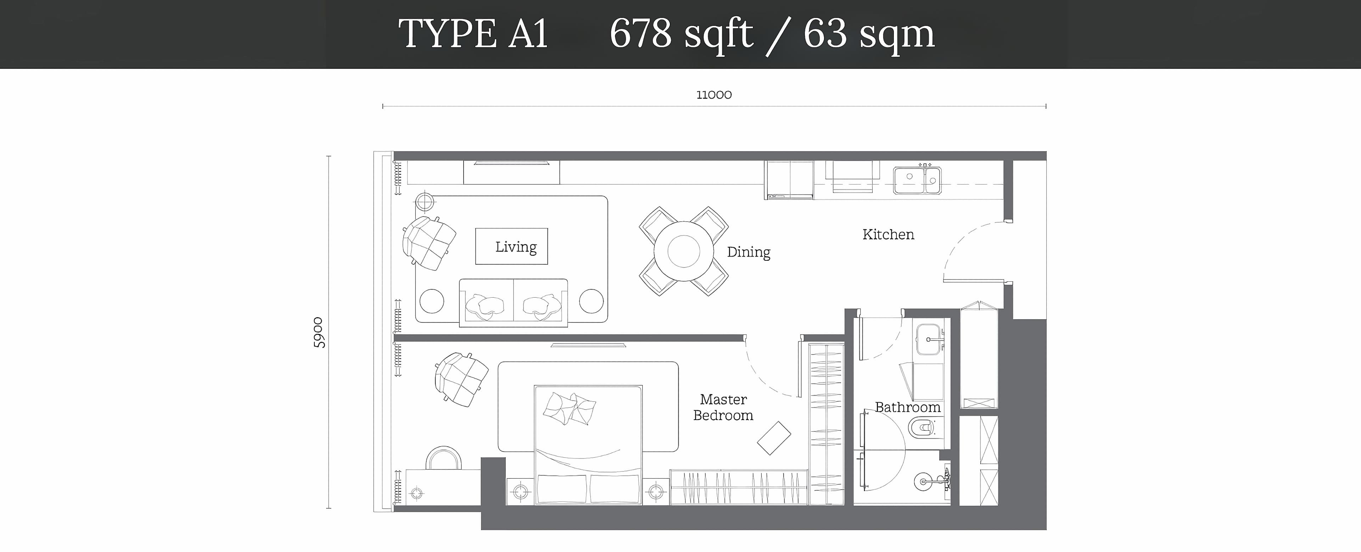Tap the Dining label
click(748, 252)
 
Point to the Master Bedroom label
click(723, 407)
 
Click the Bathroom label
click(908, 407)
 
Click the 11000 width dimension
click(714, 95)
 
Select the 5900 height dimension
click(319, 332)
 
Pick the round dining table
click(684, 251)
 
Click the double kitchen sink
click(917, 180)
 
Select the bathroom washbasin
click(930, 339)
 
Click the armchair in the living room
click(429, 243)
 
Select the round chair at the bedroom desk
click(443, 458)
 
